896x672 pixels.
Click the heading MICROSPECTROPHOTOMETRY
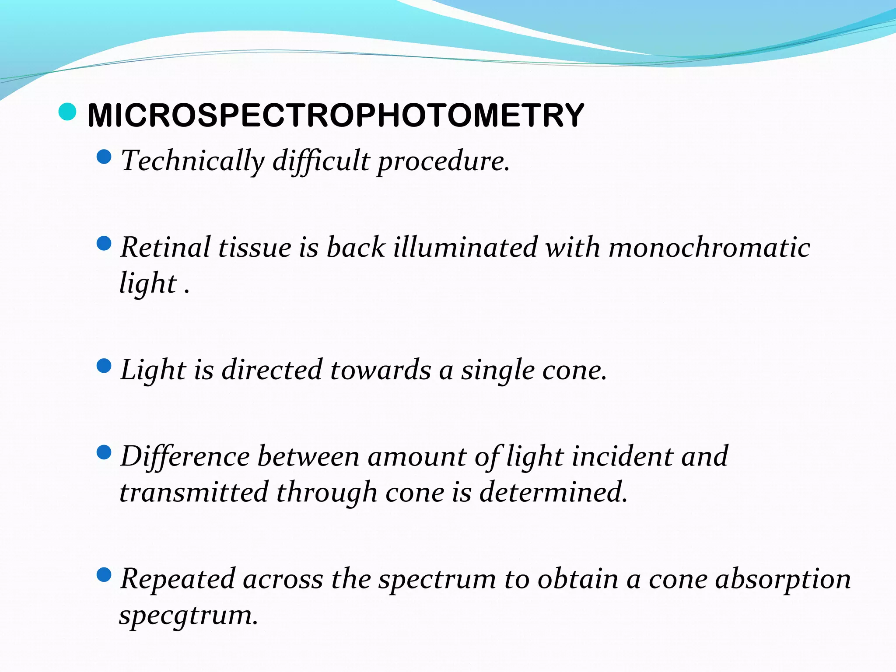336,115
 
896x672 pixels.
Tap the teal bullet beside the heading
67,112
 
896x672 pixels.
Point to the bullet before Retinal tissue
104,243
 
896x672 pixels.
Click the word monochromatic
709,247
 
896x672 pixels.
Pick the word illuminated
465,247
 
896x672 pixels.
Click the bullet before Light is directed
104,366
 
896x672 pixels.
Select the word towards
380,370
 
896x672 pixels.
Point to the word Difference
185,456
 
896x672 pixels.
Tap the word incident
622,456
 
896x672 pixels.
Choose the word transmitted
194,492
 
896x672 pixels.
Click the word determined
553,492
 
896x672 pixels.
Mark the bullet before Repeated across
104,574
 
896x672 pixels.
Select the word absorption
783,579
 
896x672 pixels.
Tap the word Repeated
178,579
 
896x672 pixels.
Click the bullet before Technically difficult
104,156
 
